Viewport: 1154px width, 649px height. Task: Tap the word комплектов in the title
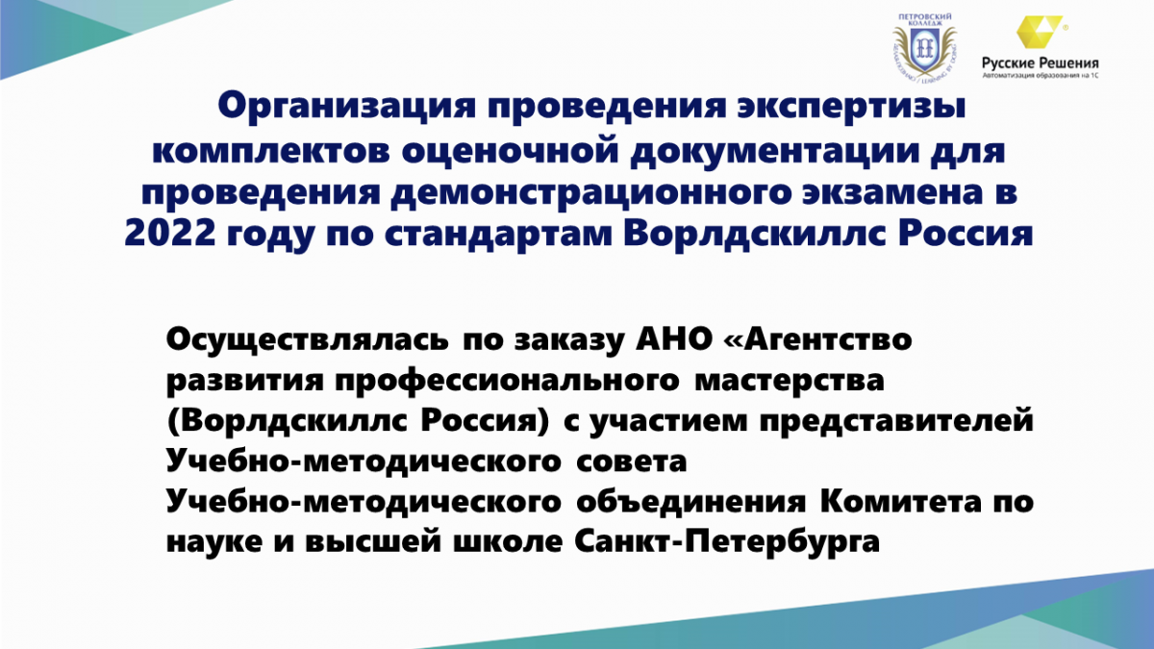(271, 151)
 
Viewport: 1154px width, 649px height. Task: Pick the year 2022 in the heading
(169, 234)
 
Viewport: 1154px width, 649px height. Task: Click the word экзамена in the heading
(890, 192)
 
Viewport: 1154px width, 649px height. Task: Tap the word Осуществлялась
(307, 340)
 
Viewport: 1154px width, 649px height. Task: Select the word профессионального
(508, 382)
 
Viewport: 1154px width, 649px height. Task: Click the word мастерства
(790, 382)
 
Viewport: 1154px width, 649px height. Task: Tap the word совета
(632, 462)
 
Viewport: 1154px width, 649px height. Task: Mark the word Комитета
(901, 501)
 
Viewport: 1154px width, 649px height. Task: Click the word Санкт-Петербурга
(727, 542)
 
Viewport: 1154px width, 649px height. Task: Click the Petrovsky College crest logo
(925, 47)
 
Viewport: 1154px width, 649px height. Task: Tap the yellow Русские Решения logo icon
(1038, 32)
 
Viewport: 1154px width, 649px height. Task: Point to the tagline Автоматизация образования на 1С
(1041, 76)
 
